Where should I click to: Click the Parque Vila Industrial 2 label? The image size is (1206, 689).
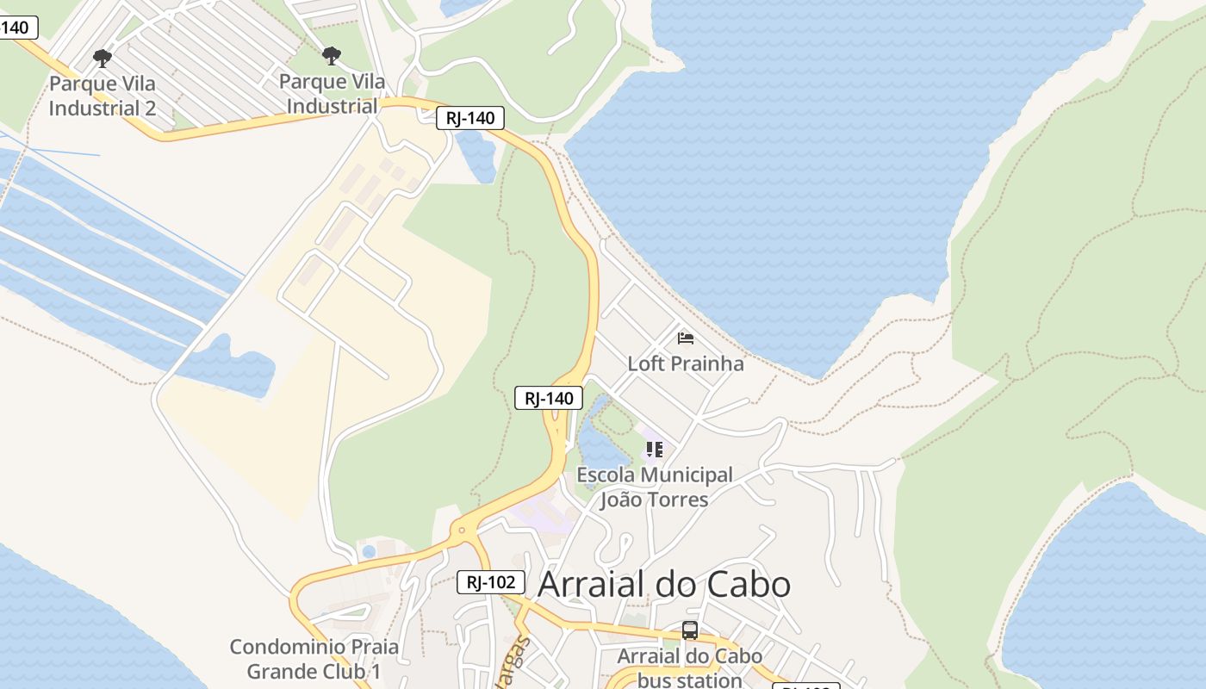click(x=103, y=96)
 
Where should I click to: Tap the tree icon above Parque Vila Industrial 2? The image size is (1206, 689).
click(x=103, y=59)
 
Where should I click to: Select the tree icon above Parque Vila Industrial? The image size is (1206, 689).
click(x=332, y=57)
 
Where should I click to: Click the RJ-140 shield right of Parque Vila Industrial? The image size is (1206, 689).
click(x=469, y=118)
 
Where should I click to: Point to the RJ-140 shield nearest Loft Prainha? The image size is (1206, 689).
click(x=549, y=398)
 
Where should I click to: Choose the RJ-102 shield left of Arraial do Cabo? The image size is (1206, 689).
click(x=490, y=582)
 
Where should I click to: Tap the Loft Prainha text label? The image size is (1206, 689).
click(x=685, y=363)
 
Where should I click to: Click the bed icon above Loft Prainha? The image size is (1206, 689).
click(x=686, y=338)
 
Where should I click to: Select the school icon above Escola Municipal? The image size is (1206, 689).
click(x=655, y=450)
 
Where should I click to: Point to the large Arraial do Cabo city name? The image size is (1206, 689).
click(x=664, y=584)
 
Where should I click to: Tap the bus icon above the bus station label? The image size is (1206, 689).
click(x=690, y=630)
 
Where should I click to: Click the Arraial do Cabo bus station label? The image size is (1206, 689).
click(x=689, y=667)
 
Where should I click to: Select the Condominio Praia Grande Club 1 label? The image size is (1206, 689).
click(x=314, y=658)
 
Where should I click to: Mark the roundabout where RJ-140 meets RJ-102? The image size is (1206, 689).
click(x=463, y=531)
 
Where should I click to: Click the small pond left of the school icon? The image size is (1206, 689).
click(x=600, y=447)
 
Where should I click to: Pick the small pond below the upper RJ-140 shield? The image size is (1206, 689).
click(x=477, y=156)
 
